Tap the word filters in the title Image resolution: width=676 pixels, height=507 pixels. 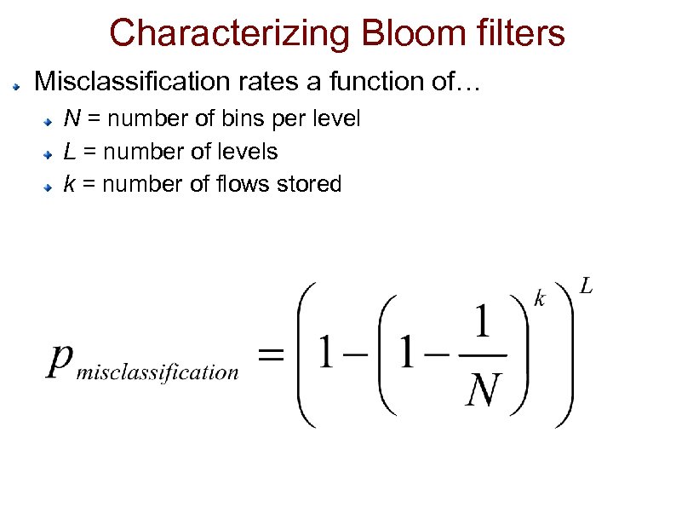point(515,34)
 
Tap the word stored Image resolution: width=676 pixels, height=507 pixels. point(310,183)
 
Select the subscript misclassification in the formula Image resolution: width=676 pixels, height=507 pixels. point(158,372)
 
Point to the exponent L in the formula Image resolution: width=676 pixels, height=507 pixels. point(587,287)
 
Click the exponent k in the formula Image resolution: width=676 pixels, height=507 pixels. point(540,298)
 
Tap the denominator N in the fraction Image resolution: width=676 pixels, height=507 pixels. point(484,391)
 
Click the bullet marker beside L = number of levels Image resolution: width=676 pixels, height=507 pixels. point(51,154)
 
